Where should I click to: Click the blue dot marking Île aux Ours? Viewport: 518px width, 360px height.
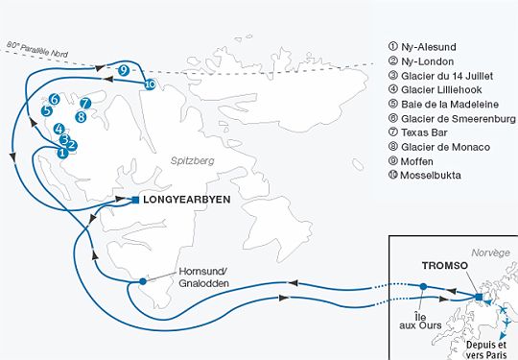pyautogui.click(x=422, y=286)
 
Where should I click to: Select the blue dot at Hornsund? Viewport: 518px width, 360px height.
pyautogui.click(x=142, y=281)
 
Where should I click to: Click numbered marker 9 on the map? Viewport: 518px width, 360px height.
pyautogui.click(x=125, y=70)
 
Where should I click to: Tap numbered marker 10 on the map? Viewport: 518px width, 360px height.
pyautogui.click(x=150, y=84)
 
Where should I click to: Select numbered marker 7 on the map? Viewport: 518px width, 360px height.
pyautogui.click(x=85, y=103)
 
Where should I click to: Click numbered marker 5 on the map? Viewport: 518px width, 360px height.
pyautogui.click(x=47, y=110)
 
